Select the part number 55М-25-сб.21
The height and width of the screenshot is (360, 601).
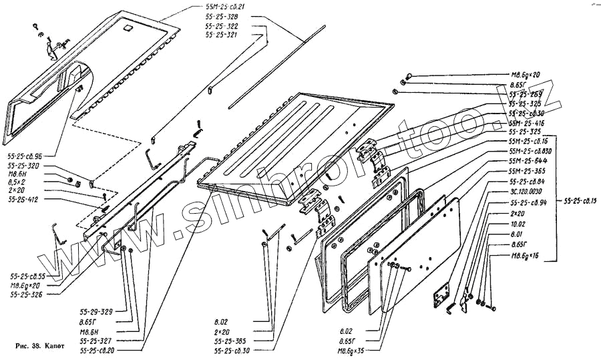point(226,6)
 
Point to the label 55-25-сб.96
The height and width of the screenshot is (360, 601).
point(26,154)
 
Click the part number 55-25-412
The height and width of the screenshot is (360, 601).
point(23,199)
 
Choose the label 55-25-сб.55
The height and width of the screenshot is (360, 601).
point(27,276)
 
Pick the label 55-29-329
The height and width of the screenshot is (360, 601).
point(93,311)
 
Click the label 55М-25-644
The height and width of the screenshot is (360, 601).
point(528,161)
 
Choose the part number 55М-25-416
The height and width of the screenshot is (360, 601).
point(527,124)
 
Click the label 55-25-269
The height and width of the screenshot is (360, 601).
point(524,94)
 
